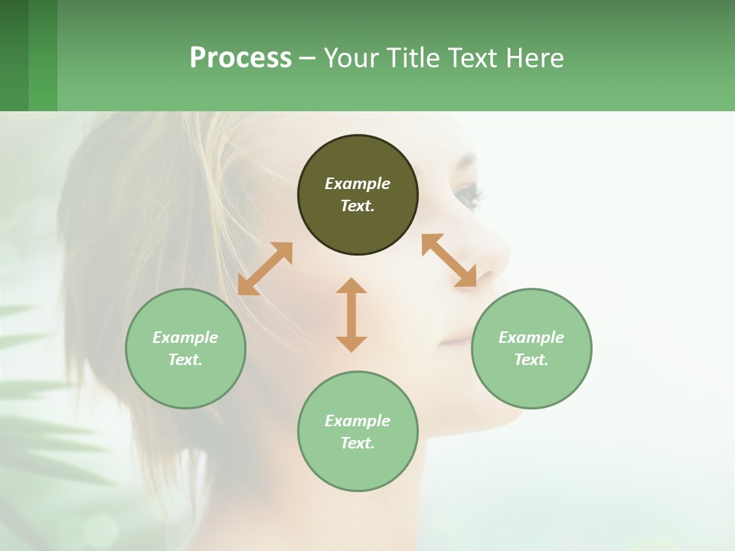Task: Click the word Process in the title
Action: click(240, 58)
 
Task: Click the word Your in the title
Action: click(351, 58)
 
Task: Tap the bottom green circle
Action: click(358, 467)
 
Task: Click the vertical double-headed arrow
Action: click(351, 315)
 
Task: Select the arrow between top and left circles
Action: click(265, 269)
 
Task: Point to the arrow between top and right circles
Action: click(449, 260)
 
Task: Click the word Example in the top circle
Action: click(358, 184)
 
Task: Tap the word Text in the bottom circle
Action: click(358, 443)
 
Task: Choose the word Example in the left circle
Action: click(185, 337)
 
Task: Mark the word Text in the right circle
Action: click(531, 360)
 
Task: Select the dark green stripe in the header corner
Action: click(14, 55)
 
